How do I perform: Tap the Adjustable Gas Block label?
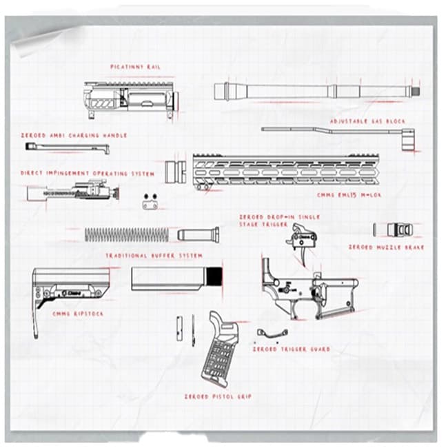click(367, 121)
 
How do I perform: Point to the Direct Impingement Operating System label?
click(87, 174)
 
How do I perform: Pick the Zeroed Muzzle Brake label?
click(385, 247)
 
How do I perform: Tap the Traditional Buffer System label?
click(154, 255)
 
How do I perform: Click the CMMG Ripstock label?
click(77, 314)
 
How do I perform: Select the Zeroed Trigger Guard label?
click(291, 349)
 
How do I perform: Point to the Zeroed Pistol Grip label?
click(217, 397)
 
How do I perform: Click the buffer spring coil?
click(127, 234)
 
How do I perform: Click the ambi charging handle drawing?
click(65, 147)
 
